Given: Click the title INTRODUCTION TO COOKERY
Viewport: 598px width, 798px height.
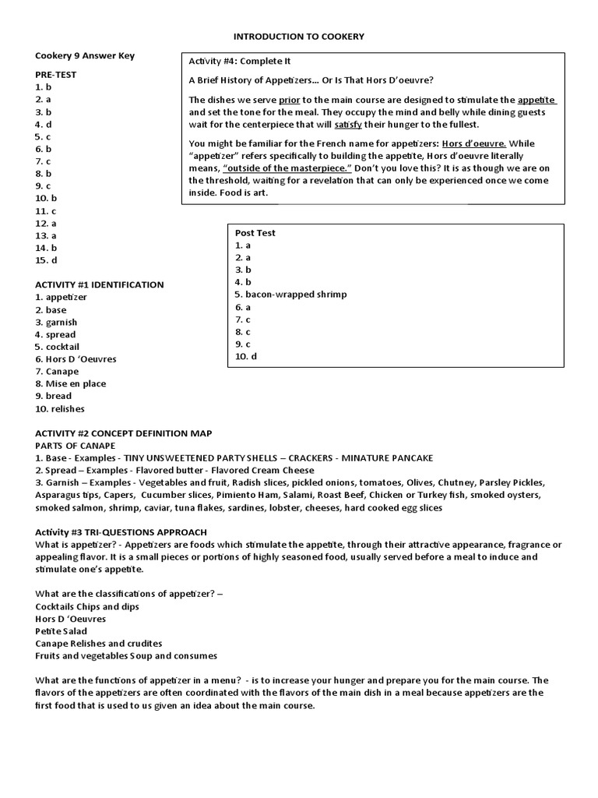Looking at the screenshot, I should coord(300,36).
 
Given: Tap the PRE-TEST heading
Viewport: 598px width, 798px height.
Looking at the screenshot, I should coord(55,75).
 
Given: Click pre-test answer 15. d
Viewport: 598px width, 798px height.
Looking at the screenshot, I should coord(47,260).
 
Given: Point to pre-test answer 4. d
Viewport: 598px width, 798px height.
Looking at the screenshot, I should coord(44,124).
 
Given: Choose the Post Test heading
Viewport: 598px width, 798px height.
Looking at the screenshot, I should coord(255,232).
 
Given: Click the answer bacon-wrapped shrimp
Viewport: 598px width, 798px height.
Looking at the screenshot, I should coord(290,295).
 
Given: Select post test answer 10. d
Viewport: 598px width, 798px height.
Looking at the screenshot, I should coord(245,356).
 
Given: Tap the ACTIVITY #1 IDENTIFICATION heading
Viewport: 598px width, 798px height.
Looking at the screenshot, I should coord(99,284).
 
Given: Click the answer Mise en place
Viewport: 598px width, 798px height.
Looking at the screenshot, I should coord(70,383).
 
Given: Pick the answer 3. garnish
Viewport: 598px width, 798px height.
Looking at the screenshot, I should coord(56,322).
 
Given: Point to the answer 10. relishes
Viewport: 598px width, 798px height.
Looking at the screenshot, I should coord(60,408).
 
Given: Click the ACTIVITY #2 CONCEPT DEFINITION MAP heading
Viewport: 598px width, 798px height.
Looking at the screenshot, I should coord(123,433).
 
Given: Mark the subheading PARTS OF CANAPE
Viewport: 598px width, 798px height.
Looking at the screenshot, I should coord(75,445).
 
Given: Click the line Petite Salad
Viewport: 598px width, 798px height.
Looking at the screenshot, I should coord(62,631).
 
